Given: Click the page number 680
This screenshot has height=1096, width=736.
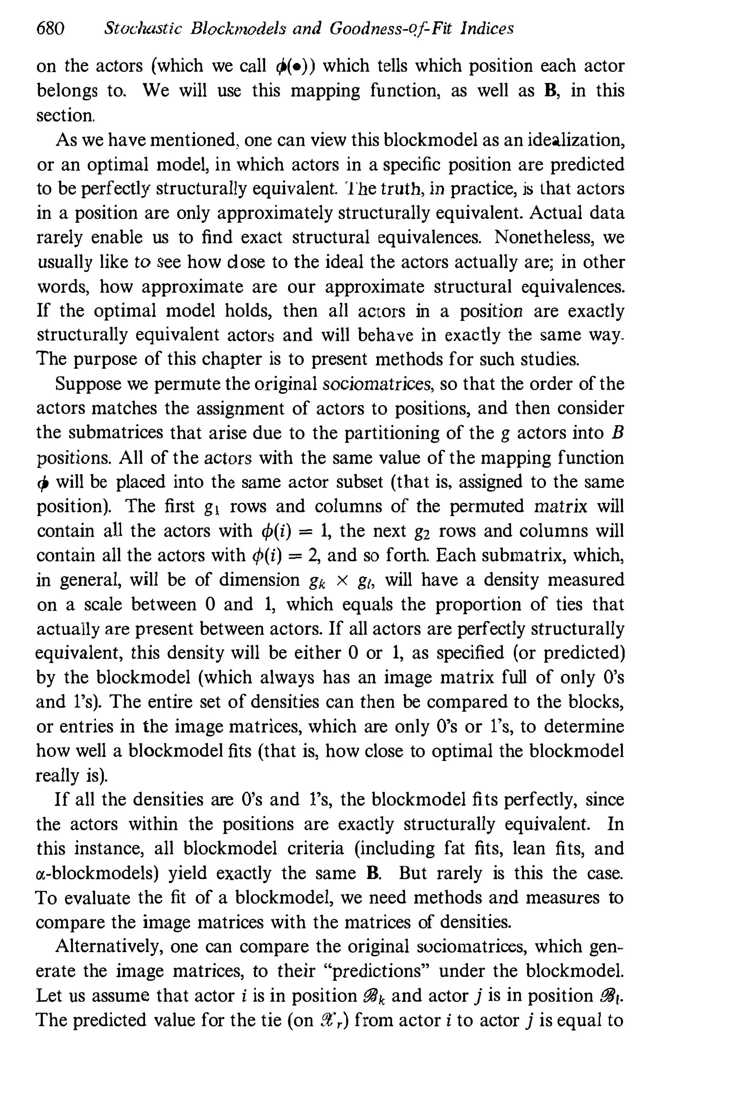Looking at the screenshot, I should coord(50,29).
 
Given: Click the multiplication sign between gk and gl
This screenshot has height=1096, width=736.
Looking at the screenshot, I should coord(342,581).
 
